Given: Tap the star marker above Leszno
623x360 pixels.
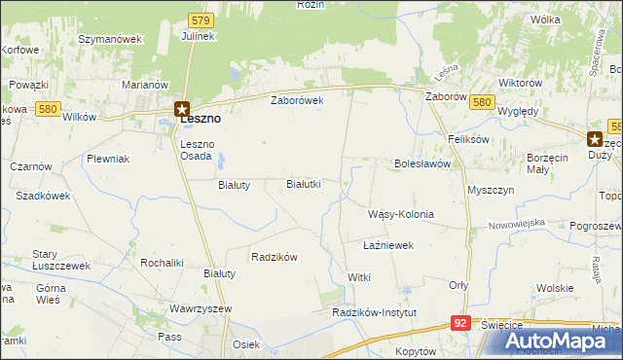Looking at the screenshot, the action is click(181, 109).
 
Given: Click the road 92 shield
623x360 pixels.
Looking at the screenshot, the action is click(461, 322).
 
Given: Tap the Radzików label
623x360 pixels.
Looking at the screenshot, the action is click(274, 257).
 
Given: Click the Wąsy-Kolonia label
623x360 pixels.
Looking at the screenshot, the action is click(400, 214).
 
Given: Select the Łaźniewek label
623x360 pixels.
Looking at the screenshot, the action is click(388, 246).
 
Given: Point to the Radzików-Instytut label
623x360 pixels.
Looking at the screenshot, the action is click(374, 312).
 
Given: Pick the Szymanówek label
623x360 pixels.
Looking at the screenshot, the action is click(110, 39).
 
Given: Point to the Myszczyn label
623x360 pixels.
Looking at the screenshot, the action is click(490, 190).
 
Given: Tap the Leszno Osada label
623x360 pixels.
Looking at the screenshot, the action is click(203, 151).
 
